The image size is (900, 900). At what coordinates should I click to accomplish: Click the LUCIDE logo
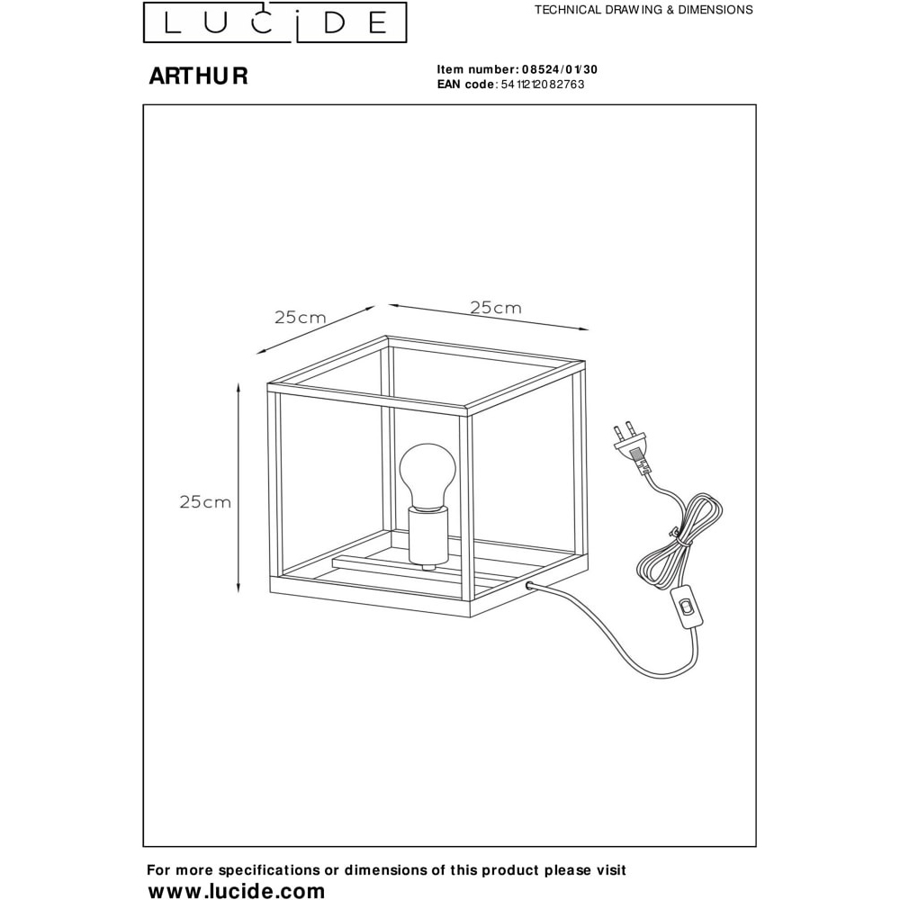pyautogui.click(x=274, y=22)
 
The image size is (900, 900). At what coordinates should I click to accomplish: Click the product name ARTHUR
pyautogui.click(x=199, y=76)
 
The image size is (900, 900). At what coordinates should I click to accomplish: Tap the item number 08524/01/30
pyautogui.click(x=560, y=69)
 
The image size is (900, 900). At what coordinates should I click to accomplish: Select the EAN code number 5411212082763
pyautogui.click(x=543, y=85)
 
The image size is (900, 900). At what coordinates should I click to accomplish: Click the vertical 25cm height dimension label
pyautogui.click(x=205, y=502)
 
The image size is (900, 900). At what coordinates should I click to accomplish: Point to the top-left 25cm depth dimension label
pyautogui.click(x=301, y=318)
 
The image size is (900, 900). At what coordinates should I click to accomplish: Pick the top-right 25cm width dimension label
pyautogui.click(x=496, y=308)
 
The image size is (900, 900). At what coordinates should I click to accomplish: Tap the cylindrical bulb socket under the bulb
pyautogui.click(x=427, y=537)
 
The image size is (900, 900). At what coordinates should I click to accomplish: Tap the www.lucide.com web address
pyautogui.click(x=237, y=890)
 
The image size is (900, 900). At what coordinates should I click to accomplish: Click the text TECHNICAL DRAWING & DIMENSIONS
pyautogui.click(x=644, y=10)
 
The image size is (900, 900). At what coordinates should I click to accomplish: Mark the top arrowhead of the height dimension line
pyautogui.click(x=238, y=387)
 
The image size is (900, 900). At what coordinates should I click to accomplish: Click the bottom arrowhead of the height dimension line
pyautogui.click(x=238, y=588)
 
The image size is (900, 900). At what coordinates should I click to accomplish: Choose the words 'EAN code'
pyautogui.click(x=465, y=85)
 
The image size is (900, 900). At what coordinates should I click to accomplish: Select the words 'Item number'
pyautogui.click(x=477, y=69)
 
